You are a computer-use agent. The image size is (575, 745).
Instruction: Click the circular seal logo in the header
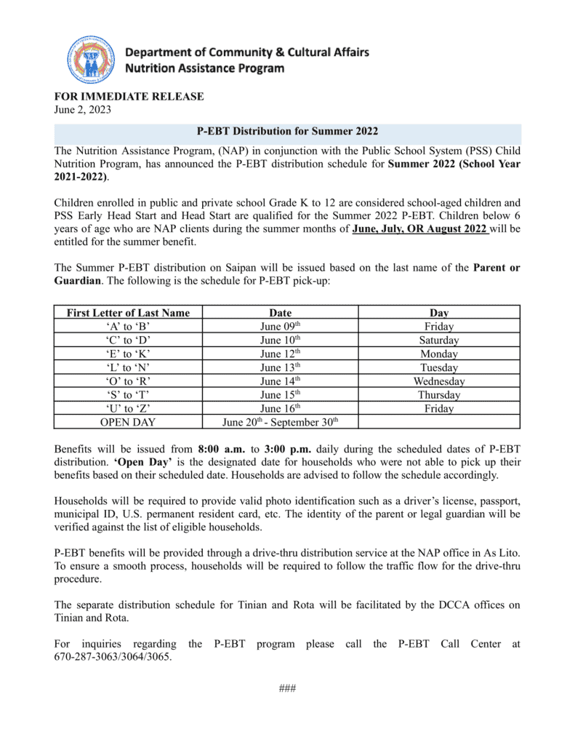point(91,60)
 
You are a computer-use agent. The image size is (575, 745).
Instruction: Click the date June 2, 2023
point(83,110)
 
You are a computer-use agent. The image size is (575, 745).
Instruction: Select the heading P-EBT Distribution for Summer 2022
point(287,132)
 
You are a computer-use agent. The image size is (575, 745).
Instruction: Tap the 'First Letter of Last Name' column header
point(128,313)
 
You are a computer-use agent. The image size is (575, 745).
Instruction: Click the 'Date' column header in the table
point(280,313)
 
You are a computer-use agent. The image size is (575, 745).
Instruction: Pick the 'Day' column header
point(439,313)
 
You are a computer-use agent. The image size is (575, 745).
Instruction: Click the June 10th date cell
point(280,340)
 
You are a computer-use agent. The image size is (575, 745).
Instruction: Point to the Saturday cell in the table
point(439,340)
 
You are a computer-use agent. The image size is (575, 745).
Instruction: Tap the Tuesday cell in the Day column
point(439,367)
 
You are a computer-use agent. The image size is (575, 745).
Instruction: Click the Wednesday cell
point(439,381)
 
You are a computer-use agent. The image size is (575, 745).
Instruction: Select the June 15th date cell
point(280,395)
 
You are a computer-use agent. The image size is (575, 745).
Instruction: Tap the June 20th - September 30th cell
point(280,422)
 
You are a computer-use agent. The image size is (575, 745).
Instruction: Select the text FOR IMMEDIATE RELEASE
point(129,97)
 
